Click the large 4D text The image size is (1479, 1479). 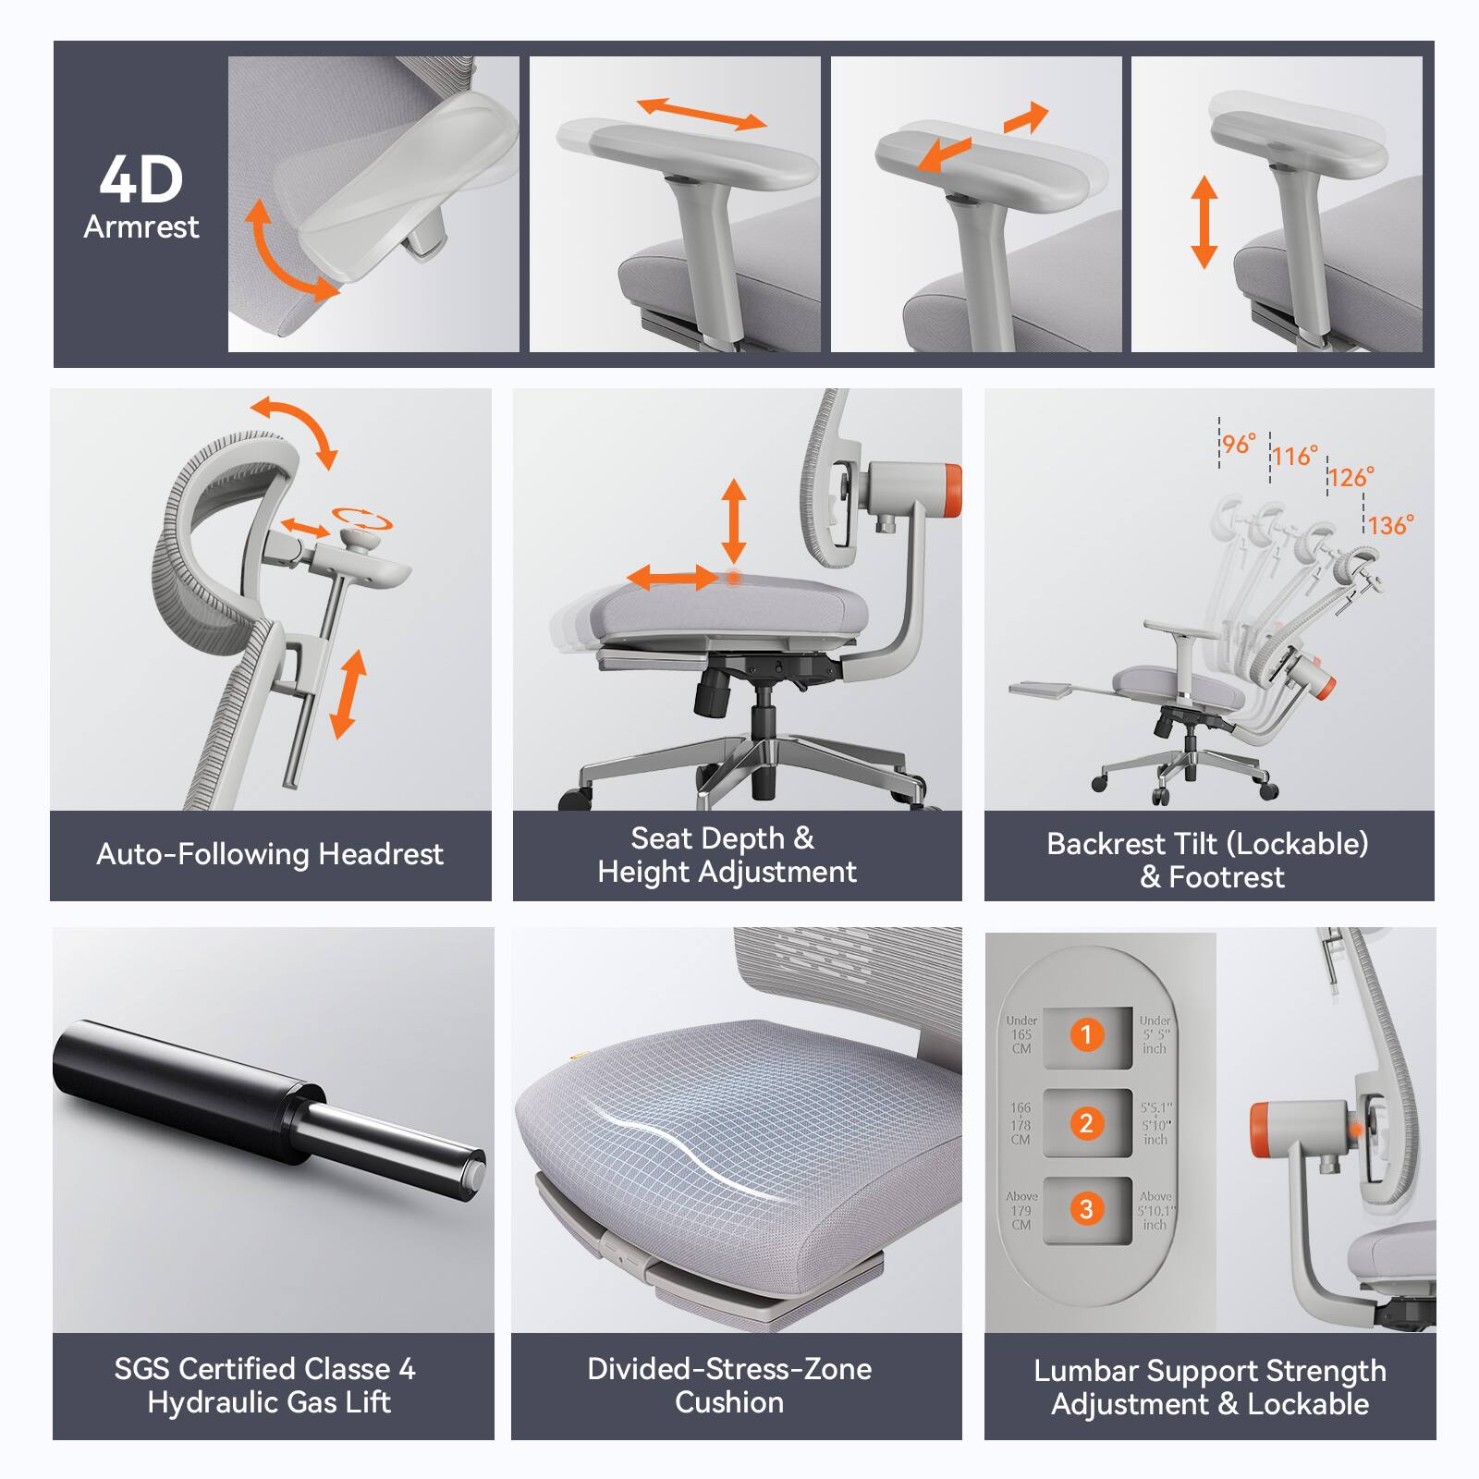click(x=141, y=179)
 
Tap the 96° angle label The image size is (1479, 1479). click(x=1239, y=444)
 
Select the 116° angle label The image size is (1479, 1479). click(x=1294, y=456)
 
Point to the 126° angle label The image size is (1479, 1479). click(x=1351, y=477)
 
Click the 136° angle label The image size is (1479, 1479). click(x=1390, y=525)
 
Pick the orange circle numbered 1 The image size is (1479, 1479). click(x=1087, y=1034)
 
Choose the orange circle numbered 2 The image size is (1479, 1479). click(x=1087, y=1123)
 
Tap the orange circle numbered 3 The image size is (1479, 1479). click(x=1087, y=1209)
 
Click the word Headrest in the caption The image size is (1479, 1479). click(x=380, y=854)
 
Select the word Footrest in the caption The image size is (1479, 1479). click(x=1226, y=877)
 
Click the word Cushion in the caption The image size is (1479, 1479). click(x=729, y=1402)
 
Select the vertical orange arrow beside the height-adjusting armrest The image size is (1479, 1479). click(x=1204, y=222)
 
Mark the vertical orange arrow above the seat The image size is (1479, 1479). click(x=734, y=520)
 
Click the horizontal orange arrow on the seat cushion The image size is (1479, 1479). click(x=672, y=580)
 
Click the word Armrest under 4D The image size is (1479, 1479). click(x=141, y=226)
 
